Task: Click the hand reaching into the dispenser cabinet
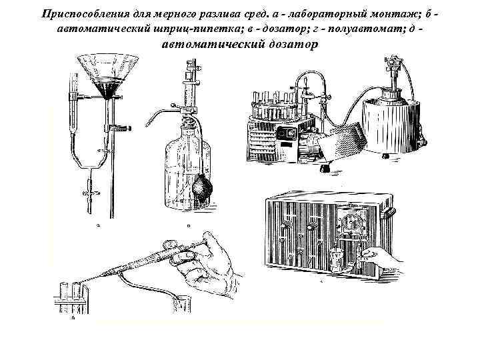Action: click(x=377, y=257)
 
